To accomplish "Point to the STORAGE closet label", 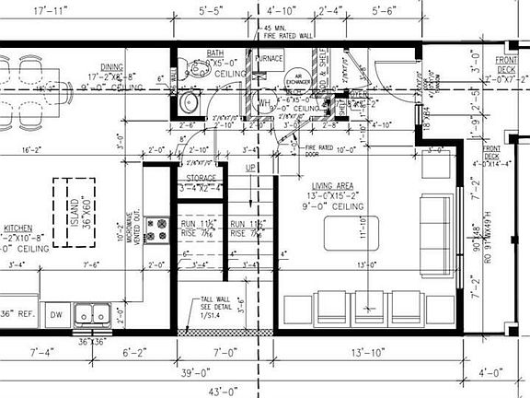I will point(201,178).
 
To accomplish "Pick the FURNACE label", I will point(270,58).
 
